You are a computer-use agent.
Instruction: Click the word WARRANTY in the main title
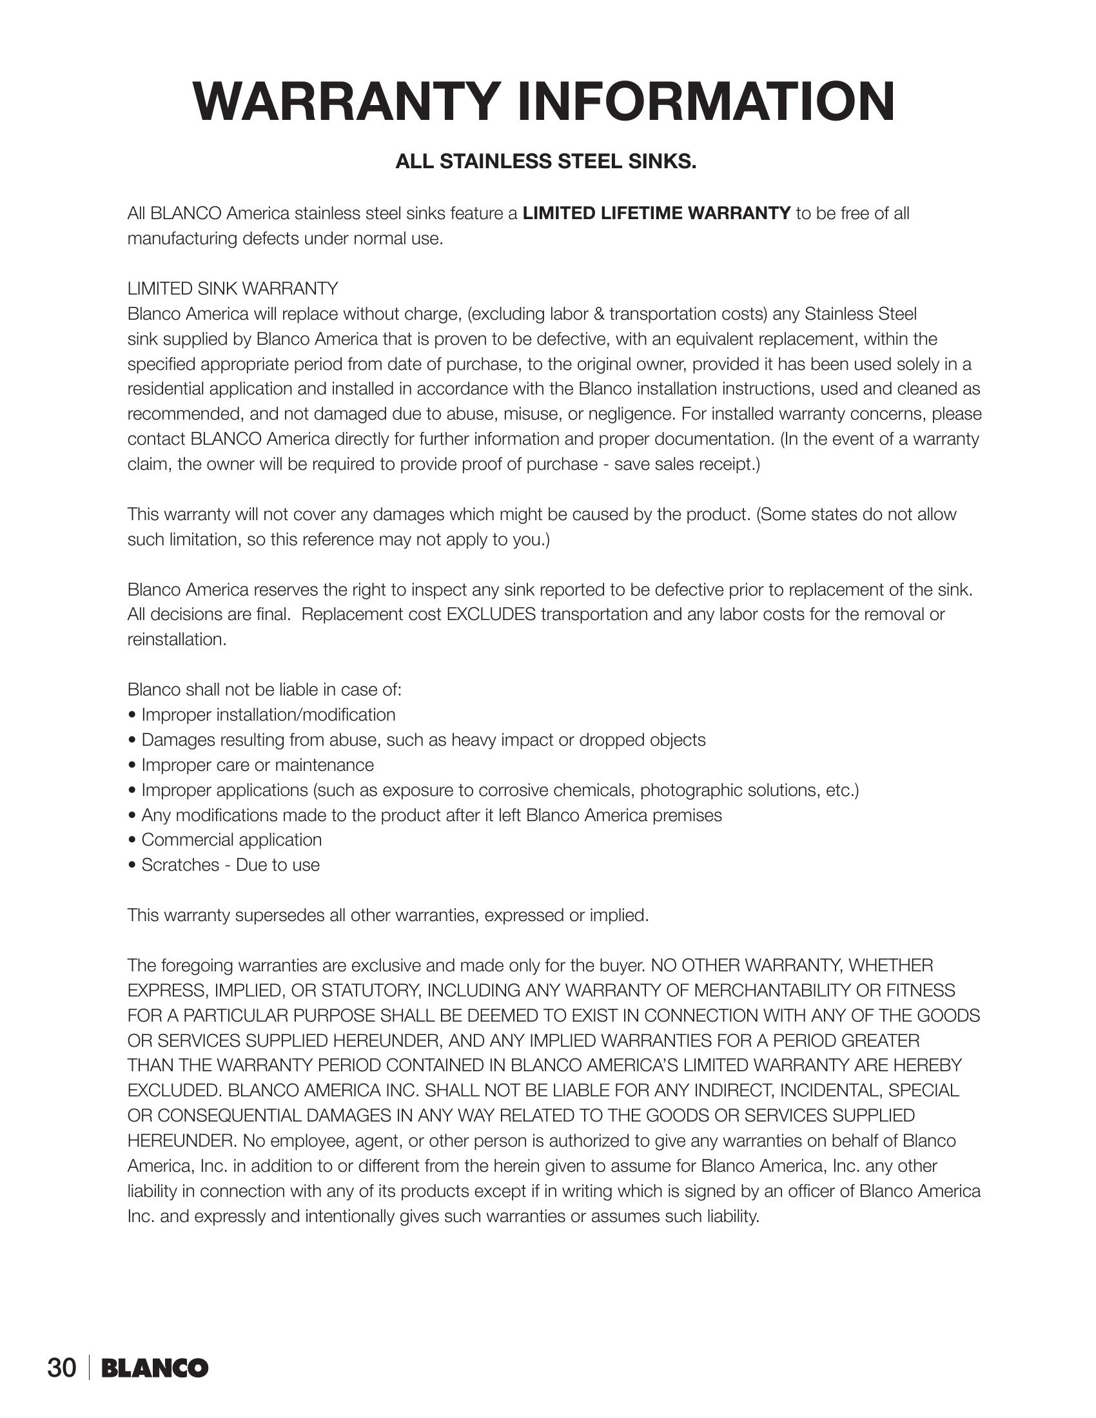[x=345, y=102]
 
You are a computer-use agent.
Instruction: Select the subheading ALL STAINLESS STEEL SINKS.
[x=546, y=162]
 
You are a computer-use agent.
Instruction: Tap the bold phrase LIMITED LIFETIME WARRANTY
[x=656, y=213]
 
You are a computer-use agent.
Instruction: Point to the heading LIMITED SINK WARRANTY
[x=233, y=288]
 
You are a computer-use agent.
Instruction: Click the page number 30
[x=62, y=1368]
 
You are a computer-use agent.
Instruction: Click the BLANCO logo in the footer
[x=155, y=1368]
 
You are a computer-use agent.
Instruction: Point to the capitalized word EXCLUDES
[x=491, y=614]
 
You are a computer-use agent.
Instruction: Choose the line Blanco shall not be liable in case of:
[x=264, y=690]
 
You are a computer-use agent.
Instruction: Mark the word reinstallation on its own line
[x=177, y=639]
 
